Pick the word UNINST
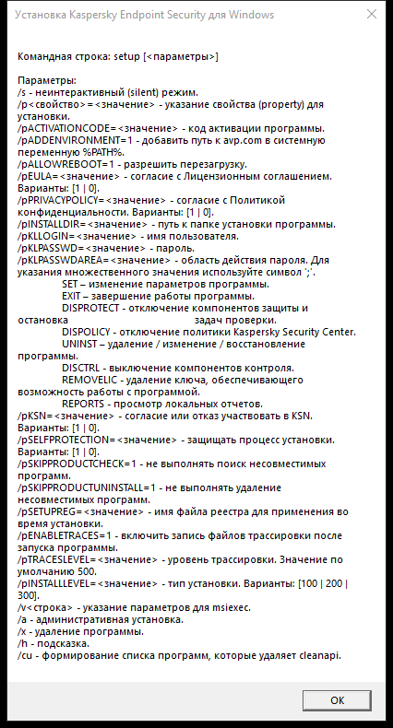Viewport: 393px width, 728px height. coord(79,343)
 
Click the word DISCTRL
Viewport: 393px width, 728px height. coord(83,367)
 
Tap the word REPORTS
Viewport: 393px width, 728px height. coord(86,403)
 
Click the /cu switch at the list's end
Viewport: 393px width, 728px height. coord(25,655)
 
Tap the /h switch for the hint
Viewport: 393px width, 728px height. coord(23,643)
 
